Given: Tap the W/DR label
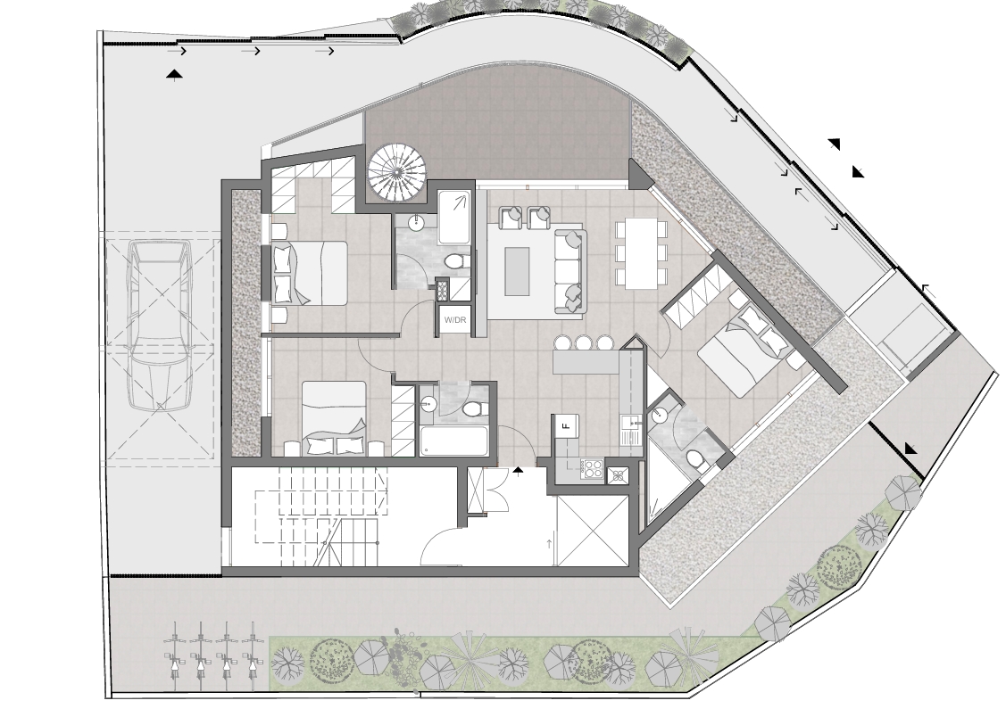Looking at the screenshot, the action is point(454,320).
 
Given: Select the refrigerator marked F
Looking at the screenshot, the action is point(566,426).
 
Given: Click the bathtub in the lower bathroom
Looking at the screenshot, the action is point(453,441).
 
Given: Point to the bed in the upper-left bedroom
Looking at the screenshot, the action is point(309,272).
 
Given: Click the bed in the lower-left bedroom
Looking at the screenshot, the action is point(334,418).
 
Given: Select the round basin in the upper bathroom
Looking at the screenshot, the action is point(417,223).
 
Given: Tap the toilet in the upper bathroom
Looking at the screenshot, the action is point(455,260).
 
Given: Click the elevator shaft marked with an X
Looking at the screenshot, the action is point(592,531).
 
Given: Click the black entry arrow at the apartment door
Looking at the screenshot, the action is point(519,471).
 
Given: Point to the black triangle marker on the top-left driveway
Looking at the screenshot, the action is point(174,75).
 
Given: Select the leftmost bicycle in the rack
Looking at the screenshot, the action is point(175,654).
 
